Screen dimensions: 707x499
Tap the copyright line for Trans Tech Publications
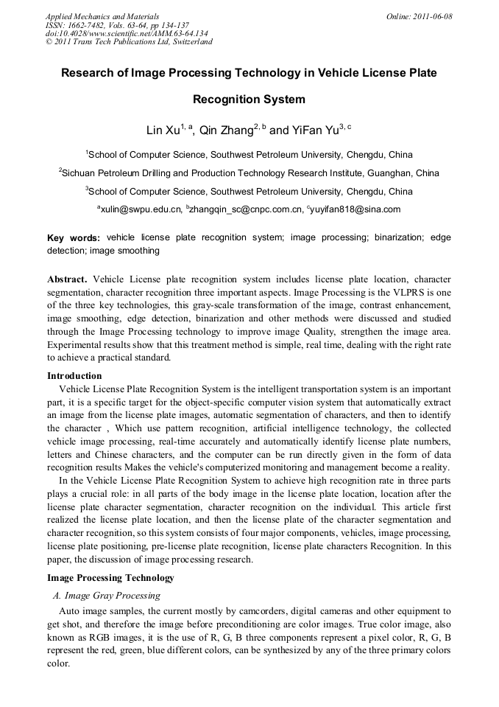129,42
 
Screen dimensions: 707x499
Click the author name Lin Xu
164,130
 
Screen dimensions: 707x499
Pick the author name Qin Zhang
227,130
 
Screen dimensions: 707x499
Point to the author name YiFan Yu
308,130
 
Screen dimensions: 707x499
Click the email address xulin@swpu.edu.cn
141,209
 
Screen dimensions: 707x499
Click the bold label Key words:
74,238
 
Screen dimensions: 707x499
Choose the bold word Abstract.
67,280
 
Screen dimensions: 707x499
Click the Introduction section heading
74,376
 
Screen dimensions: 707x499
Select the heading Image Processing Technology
110,578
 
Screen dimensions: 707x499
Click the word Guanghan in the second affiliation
362,173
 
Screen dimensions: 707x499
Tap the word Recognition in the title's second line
249,99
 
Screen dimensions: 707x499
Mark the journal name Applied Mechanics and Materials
102,16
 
